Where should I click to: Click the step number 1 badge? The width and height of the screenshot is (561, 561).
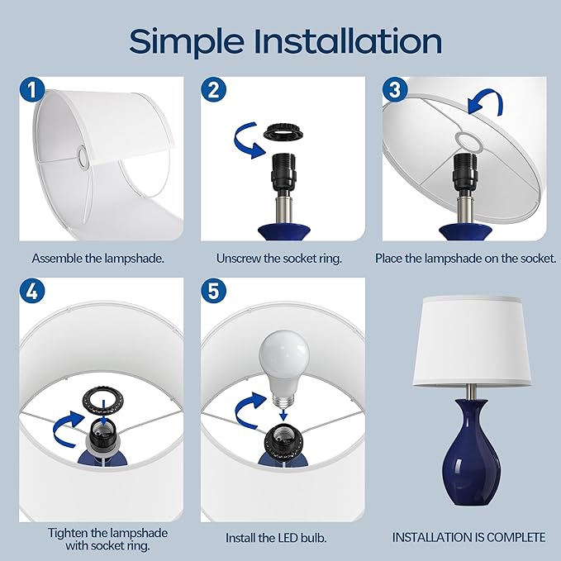click(32, 89)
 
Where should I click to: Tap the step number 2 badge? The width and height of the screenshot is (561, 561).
click(214, 89)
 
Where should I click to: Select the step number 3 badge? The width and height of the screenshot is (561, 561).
click(395, 89)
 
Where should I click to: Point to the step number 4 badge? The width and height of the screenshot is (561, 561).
click(32, 291)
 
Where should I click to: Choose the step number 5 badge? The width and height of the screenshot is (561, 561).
click(214, 291)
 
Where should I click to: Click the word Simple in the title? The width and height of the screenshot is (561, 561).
click(186, 42)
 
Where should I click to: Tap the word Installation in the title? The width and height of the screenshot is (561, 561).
click(347, 40)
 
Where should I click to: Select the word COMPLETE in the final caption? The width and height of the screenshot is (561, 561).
click(516, 537)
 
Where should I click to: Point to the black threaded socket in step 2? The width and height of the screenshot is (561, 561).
click(283, 172)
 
